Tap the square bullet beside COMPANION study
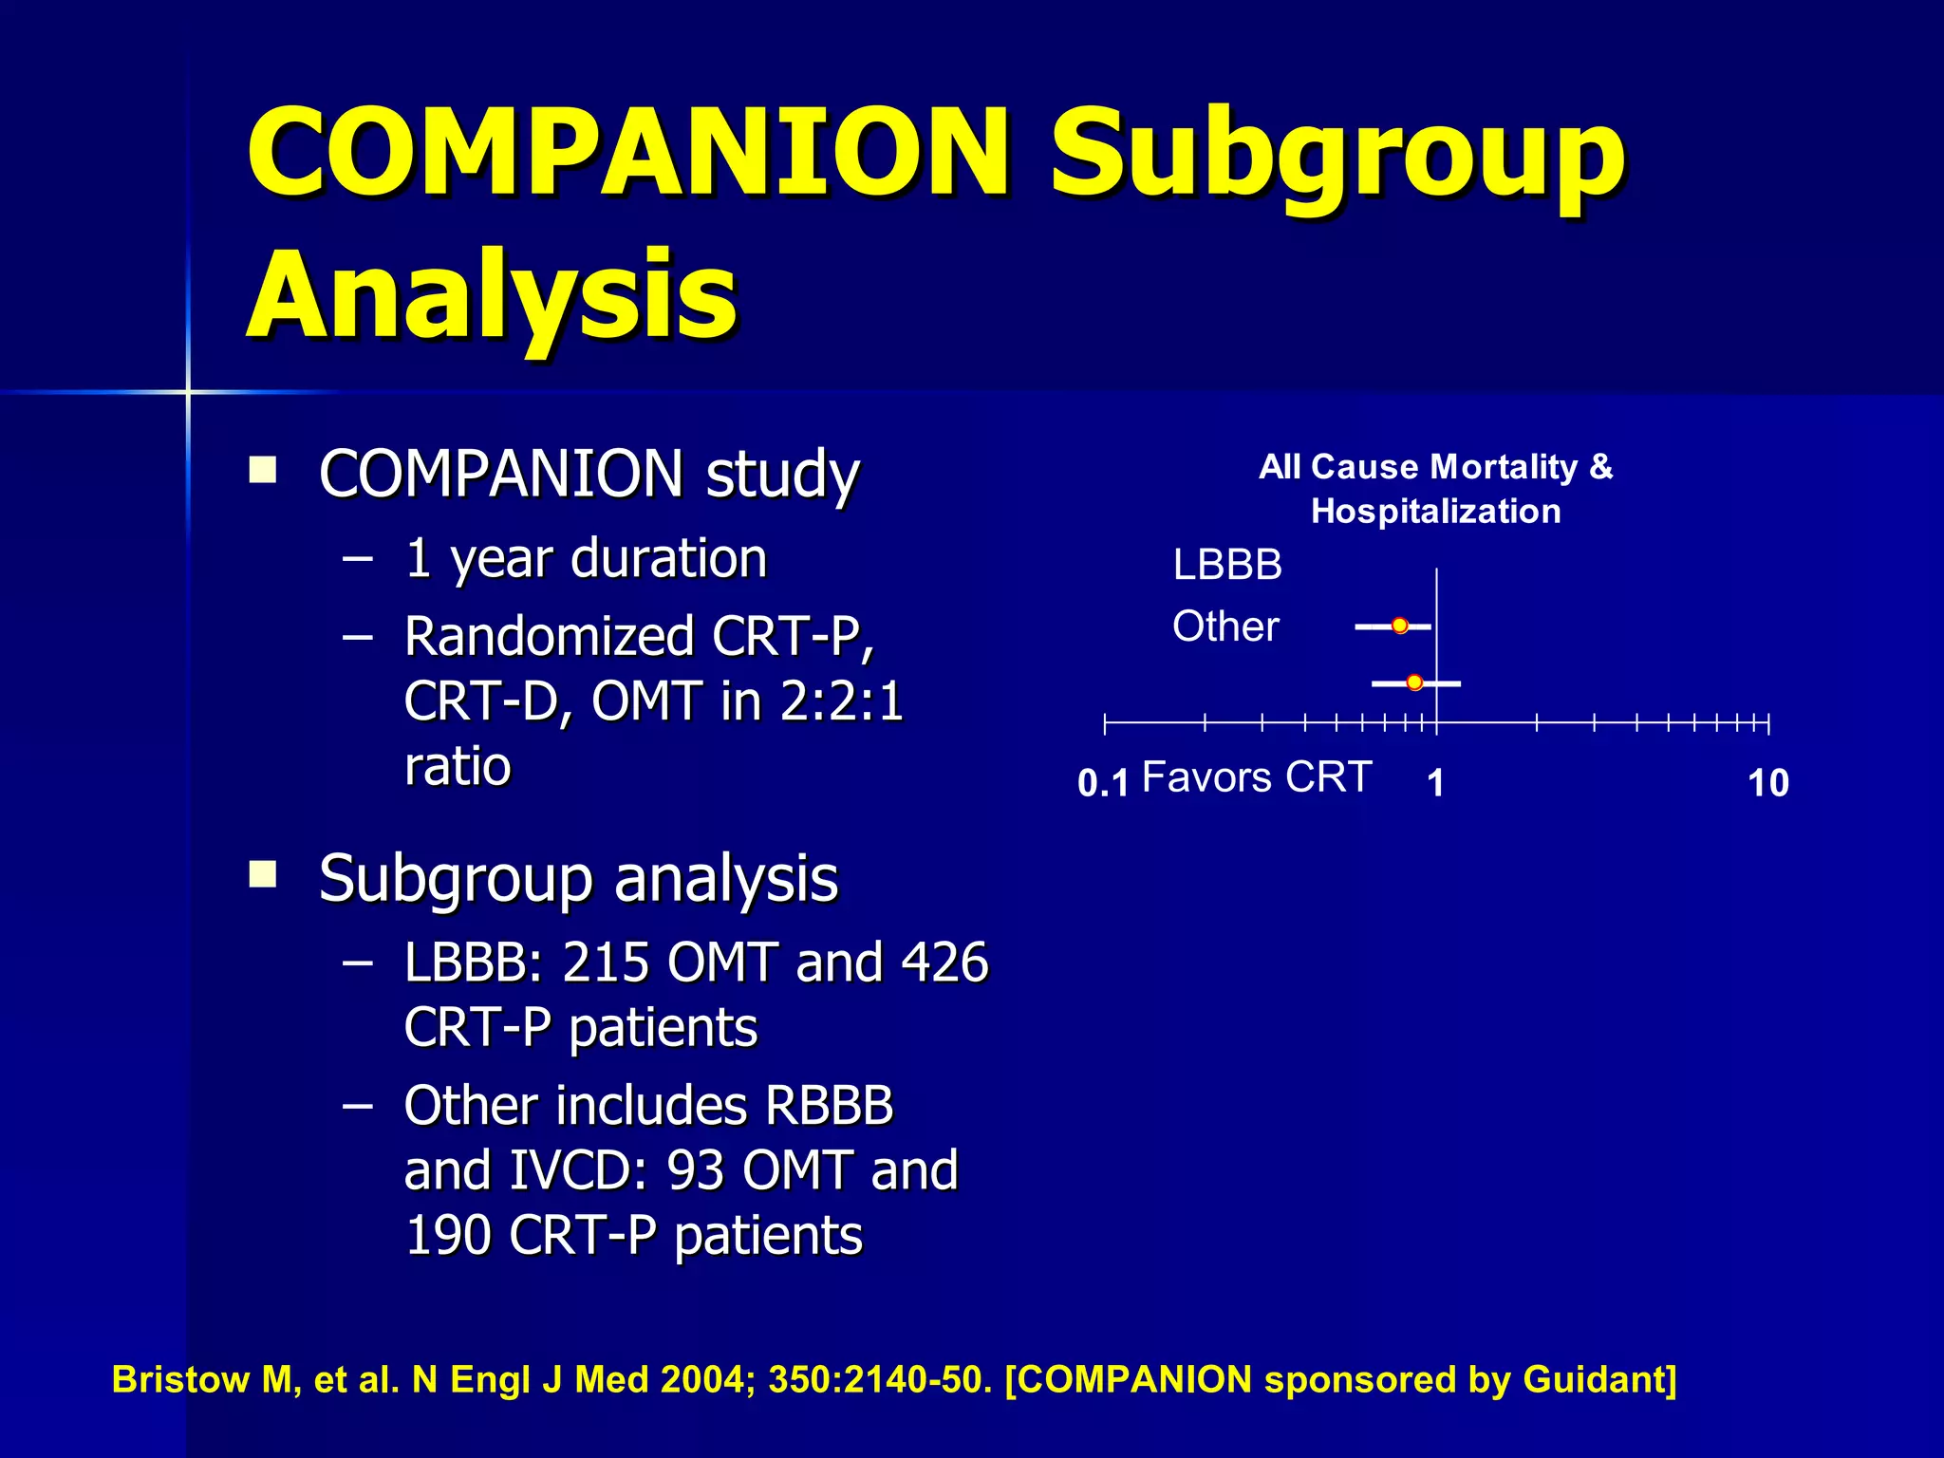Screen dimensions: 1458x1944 click(x=263, y=471)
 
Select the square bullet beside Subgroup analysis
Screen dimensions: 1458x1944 click(x=263, y=873)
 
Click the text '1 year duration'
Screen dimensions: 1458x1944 click(x=586, y=558)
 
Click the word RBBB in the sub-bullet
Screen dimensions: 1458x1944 click(x=829, y=1106)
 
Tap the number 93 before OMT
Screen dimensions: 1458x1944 click(x=696, y=1170)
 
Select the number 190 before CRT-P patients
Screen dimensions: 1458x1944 click(x=448, y=1235)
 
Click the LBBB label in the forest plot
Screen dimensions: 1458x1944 click(x=1227, y=566)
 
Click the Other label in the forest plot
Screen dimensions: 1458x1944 click(x=1225, y=626)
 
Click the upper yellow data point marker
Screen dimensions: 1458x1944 click(x=1400, y=626)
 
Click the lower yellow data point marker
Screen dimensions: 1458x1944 click(x=1414, y=682)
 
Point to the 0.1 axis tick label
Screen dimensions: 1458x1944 click(x=1103, y=784)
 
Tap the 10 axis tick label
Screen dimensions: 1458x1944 click(x=1768, y=784)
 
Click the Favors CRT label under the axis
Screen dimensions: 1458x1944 click(x=1257, y=777)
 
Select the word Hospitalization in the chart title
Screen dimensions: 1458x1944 click(x=1435, y=512)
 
